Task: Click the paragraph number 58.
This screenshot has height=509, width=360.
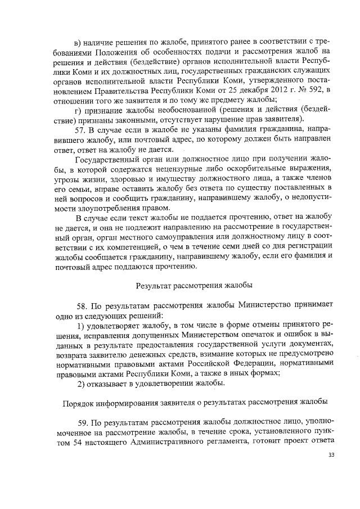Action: point(82,304)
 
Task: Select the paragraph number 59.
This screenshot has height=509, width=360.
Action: point(82,421)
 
